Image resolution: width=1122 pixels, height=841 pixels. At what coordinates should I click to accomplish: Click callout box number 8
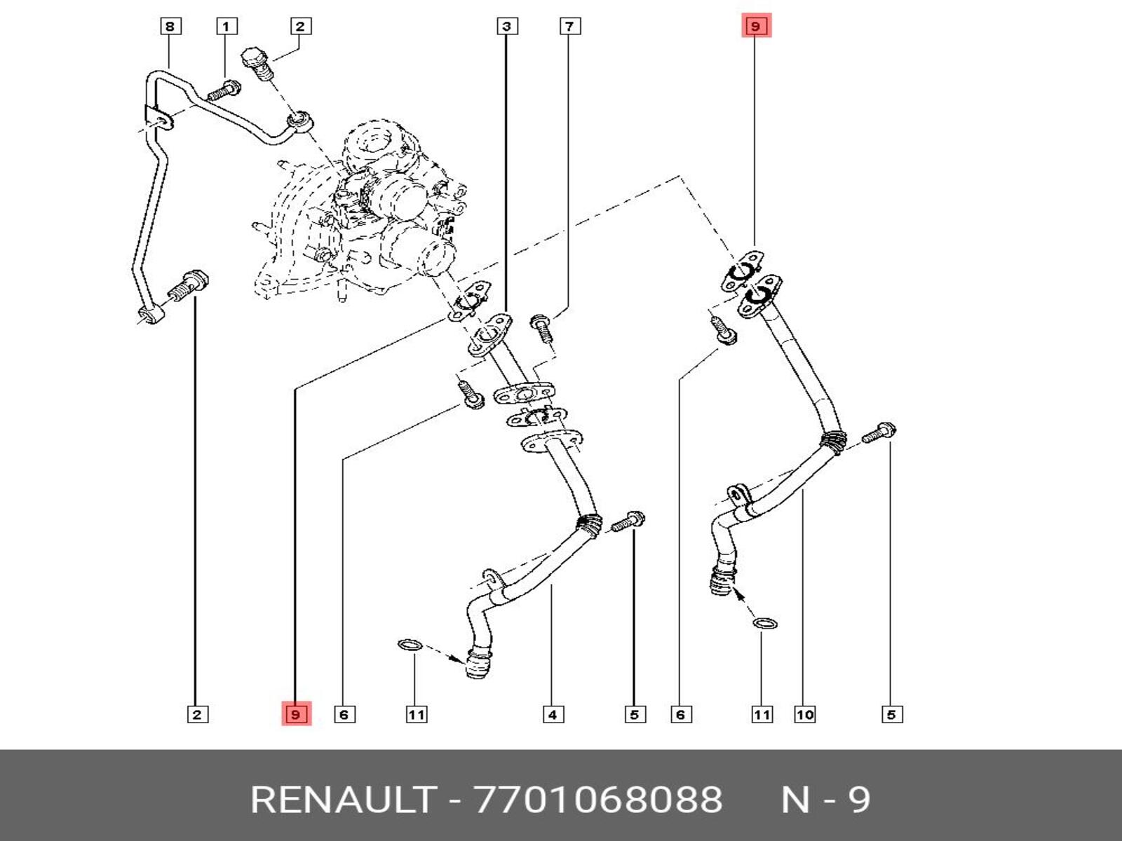coord(170,27)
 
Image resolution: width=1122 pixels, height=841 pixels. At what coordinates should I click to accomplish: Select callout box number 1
coord(226,27)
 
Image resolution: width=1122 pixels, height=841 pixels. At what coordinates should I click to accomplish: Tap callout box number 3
coord(507,27)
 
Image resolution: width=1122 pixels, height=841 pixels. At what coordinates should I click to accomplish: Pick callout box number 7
coord(569,27)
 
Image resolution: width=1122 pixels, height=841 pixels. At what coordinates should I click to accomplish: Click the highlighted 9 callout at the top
coord(755,27)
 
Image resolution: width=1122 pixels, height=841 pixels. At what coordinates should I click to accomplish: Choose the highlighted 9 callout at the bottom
coord(296,714)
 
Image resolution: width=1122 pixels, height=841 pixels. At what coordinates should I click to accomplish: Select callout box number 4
coord(553,715)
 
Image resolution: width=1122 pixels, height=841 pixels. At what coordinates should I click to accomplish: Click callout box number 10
coord(804,715)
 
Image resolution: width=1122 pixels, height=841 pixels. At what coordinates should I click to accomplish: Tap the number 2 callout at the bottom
coord(197,715)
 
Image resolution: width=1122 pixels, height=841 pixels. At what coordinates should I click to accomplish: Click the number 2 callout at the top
coord(300,27)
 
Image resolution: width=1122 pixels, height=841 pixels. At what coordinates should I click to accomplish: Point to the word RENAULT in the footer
coord(343,800)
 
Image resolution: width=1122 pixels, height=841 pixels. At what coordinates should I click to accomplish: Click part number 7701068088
coord(598,800)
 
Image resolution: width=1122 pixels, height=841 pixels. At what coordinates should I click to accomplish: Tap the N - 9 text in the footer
coord(826,800)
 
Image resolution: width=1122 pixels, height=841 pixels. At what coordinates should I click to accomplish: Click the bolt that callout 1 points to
coord(223,91)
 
